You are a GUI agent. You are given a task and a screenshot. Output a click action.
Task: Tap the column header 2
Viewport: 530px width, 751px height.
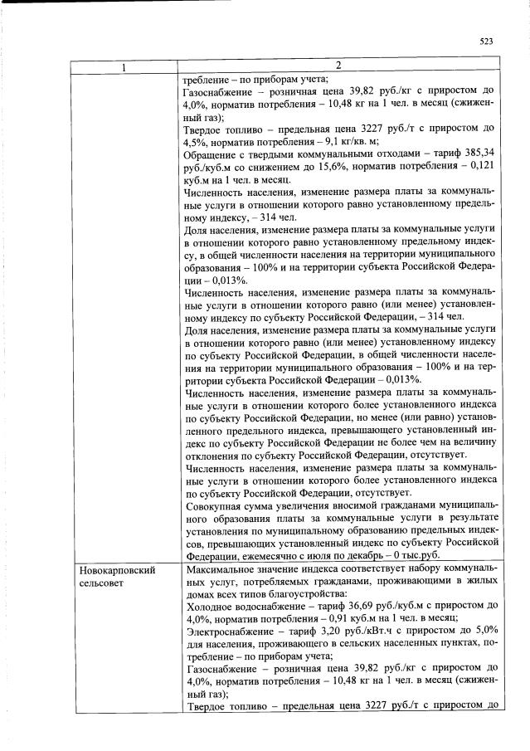pos(338,66)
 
